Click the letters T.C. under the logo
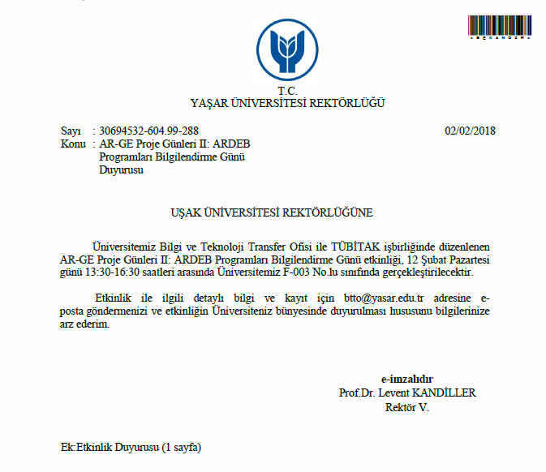[x=287, y=91]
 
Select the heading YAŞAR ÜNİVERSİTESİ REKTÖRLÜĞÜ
[x=287, y=103]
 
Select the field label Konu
[x=73, y=144]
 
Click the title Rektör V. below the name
[x=407, y=406]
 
